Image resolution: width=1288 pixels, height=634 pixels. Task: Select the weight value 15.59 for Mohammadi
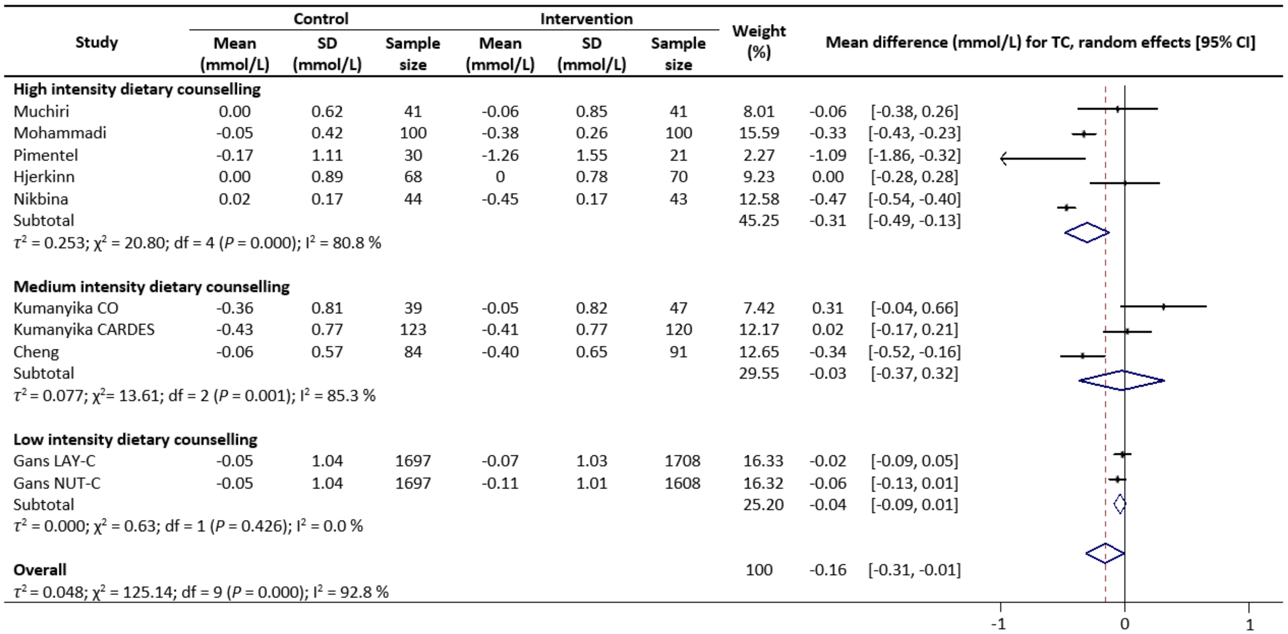pyautogui.click(x=759, y=133)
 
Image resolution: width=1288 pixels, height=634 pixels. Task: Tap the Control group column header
pyautogui.click(x=321, y=19)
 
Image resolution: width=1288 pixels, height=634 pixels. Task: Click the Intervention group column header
pyautogui.click(x=586, y=19)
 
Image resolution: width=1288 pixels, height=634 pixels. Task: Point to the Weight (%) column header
pyautogui.click(x=759, y=42)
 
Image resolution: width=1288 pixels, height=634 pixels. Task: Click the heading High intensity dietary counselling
pyautogui.click(x=137, y=89)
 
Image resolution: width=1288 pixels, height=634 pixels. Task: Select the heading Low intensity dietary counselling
pyautogui.click(x=135, y=439)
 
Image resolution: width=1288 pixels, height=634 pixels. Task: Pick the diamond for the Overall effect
pyautogui.click(x=1105, y=553)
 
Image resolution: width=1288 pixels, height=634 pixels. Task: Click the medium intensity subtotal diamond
pyautogui.click(x=1122, y=380)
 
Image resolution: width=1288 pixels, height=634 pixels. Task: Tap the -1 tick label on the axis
pyautogui.click(x=999, y=624)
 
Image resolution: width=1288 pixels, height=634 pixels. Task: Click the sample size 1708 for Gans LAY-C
pyautogui.click(x=682, y=461)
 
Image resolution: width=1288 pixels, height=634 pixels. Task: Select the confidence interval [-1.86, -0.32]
pyautogui.click(x=914, y=155)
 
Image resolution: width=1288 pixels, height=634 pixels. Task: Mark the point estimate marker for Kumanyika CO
pyautogui.click(x=1163, y=307)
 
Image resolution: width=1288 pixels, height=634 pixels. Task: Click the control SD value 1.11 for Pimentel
pyautogui.click(x=327, y=155)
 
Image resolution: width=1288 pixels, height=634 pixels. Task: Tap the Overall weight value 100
pyautogui.click(x=759, y=570)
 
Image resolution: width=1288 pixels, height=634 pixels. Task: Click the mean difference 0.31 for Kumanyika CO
pyautogui.click(x=827, y=308)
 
